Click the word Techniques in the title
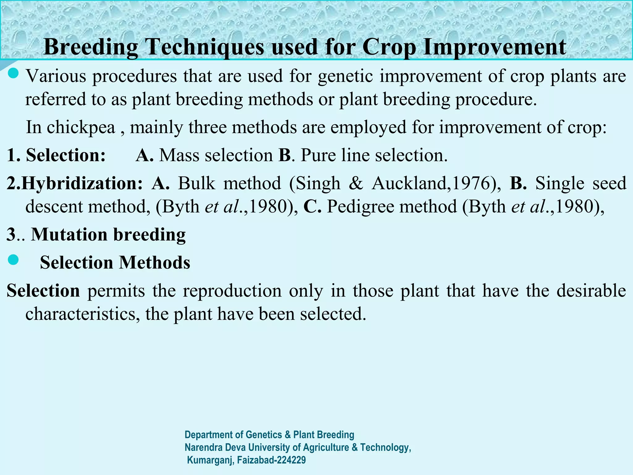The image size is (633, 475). [x=205, y=47]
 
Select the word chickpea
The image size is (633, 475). [x=81, y=127]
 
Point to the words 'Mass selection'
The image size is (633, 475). [x=216, y=155]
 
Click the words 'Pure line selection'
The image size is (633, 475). [x=374, y=155]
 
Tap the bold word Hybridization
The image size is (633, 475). [x=82, y=183]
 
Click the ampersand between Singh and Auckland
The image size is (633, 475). [x=356, y=183]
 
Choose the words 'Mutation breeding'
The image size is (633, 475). [x=108, y=234]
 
